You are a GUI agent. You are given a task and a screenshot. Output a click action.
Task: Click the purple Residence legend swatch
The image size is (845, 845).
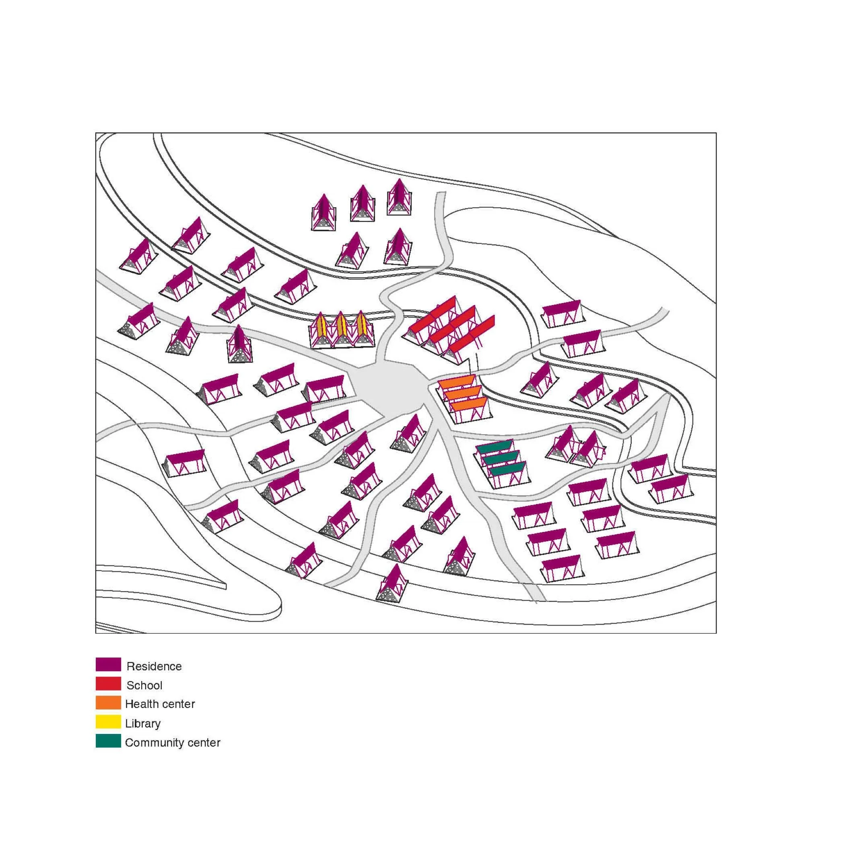pos(108,664)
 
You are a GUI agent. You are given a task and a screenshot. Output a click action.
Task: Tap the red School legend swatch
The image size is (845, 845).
pos(108,683)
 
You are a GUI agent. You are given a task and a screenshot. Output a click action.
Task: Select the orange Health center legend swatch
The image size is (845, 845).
pos(108,703)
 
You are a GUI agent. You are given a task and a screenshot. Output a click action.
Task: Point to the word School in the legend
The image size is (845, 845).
pos(144,685)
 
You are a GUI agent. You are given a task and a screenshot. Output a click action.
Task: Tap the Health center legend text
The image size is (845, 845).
pos(160,704)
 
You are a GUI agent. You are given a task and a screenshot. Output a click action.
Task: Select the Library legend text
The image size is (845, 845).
pos(142,723)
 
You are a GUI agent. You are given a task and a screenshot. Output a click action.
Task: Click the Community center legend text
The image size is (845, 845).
pos(172,743)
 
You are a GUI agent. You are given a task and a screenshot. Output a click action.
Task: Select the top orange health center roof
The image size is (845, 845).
pos(457,383)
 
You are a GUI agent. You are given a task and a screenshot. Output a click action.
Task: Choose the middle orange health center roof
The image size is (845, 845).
pos(463,393)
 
